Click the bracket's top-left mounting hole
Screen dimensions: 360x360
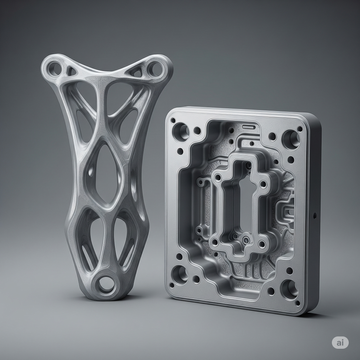tap(54, 69)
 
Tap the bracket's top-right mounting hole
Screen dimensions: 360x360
tap(155, 68)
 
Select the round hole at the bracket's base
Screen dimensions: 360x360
tap(106, 284)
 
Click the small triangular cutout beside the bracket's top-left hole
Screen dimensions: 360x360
tap(71, 71)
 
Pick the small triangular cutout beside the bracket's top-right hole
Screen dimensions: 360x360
tap(136, 71)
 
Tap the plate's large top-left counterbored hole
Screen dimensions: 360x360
tap(180, 131)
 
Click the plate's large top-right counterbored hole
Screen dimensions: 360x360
tap(290, 139)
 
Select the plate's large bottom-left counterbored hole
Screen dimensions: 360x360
tap(179, 274)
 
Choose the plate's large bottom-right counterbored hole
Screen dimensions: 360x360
tap(289, 289)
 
